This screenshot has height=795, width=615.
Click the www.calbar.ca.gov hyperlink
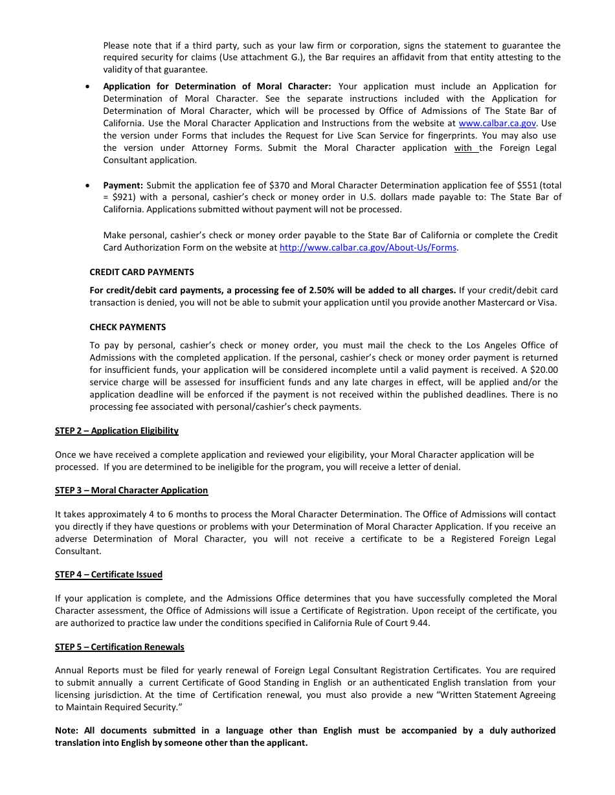pos(497,124)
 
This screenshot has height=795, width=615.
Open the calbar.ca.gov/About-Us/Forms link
pos(368,248)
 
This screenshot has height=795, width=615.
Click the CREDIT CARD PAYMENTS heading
pos(141,273)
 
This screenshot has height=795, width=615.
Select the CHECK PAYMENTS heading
pos(128,328)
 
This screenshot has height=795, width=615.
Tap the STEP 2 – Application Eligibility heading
pos(117,431)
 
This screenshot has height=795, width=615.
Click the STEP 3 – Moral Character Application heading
pos(131,491)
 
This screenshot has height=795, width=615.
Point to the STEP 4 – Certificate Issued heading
pos(109,575)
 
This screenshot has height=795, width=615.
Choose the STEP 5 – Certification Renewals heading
pos(120,647)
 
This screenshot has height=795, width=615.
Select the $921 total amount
pos(124,197)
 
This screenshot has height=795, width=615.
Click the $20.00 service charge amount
pos(544,370)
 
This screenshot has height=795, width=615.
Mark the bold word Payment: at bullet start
pos(123,186)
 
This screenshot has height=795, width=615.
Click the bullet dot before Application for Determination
pos(89,87)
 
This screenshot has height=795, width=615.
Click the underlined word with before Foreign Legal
pos(463,148)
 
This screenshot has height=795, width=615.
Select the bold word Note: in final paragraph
pos(67,731)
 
